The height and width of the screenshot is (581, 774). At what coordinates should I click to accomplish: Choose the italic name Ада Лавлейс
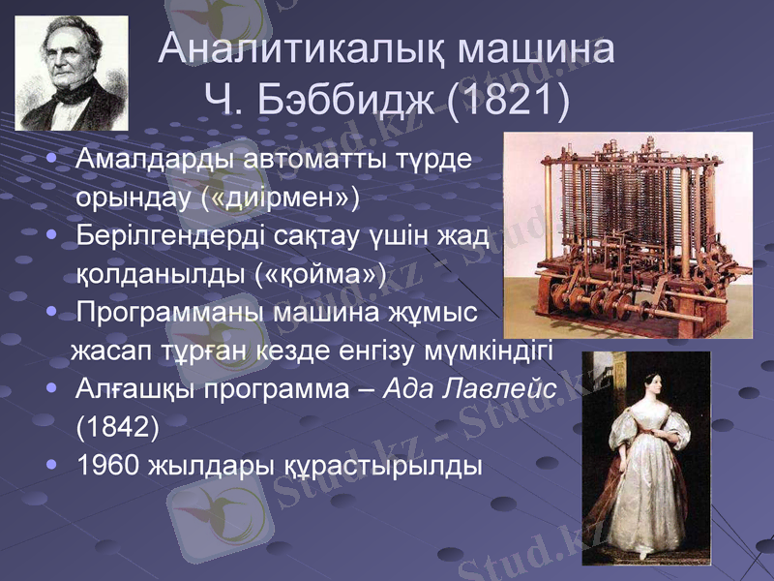(471, 389)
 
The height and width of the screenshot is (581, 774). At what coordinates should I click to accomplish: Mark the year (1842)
(116, 427)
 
